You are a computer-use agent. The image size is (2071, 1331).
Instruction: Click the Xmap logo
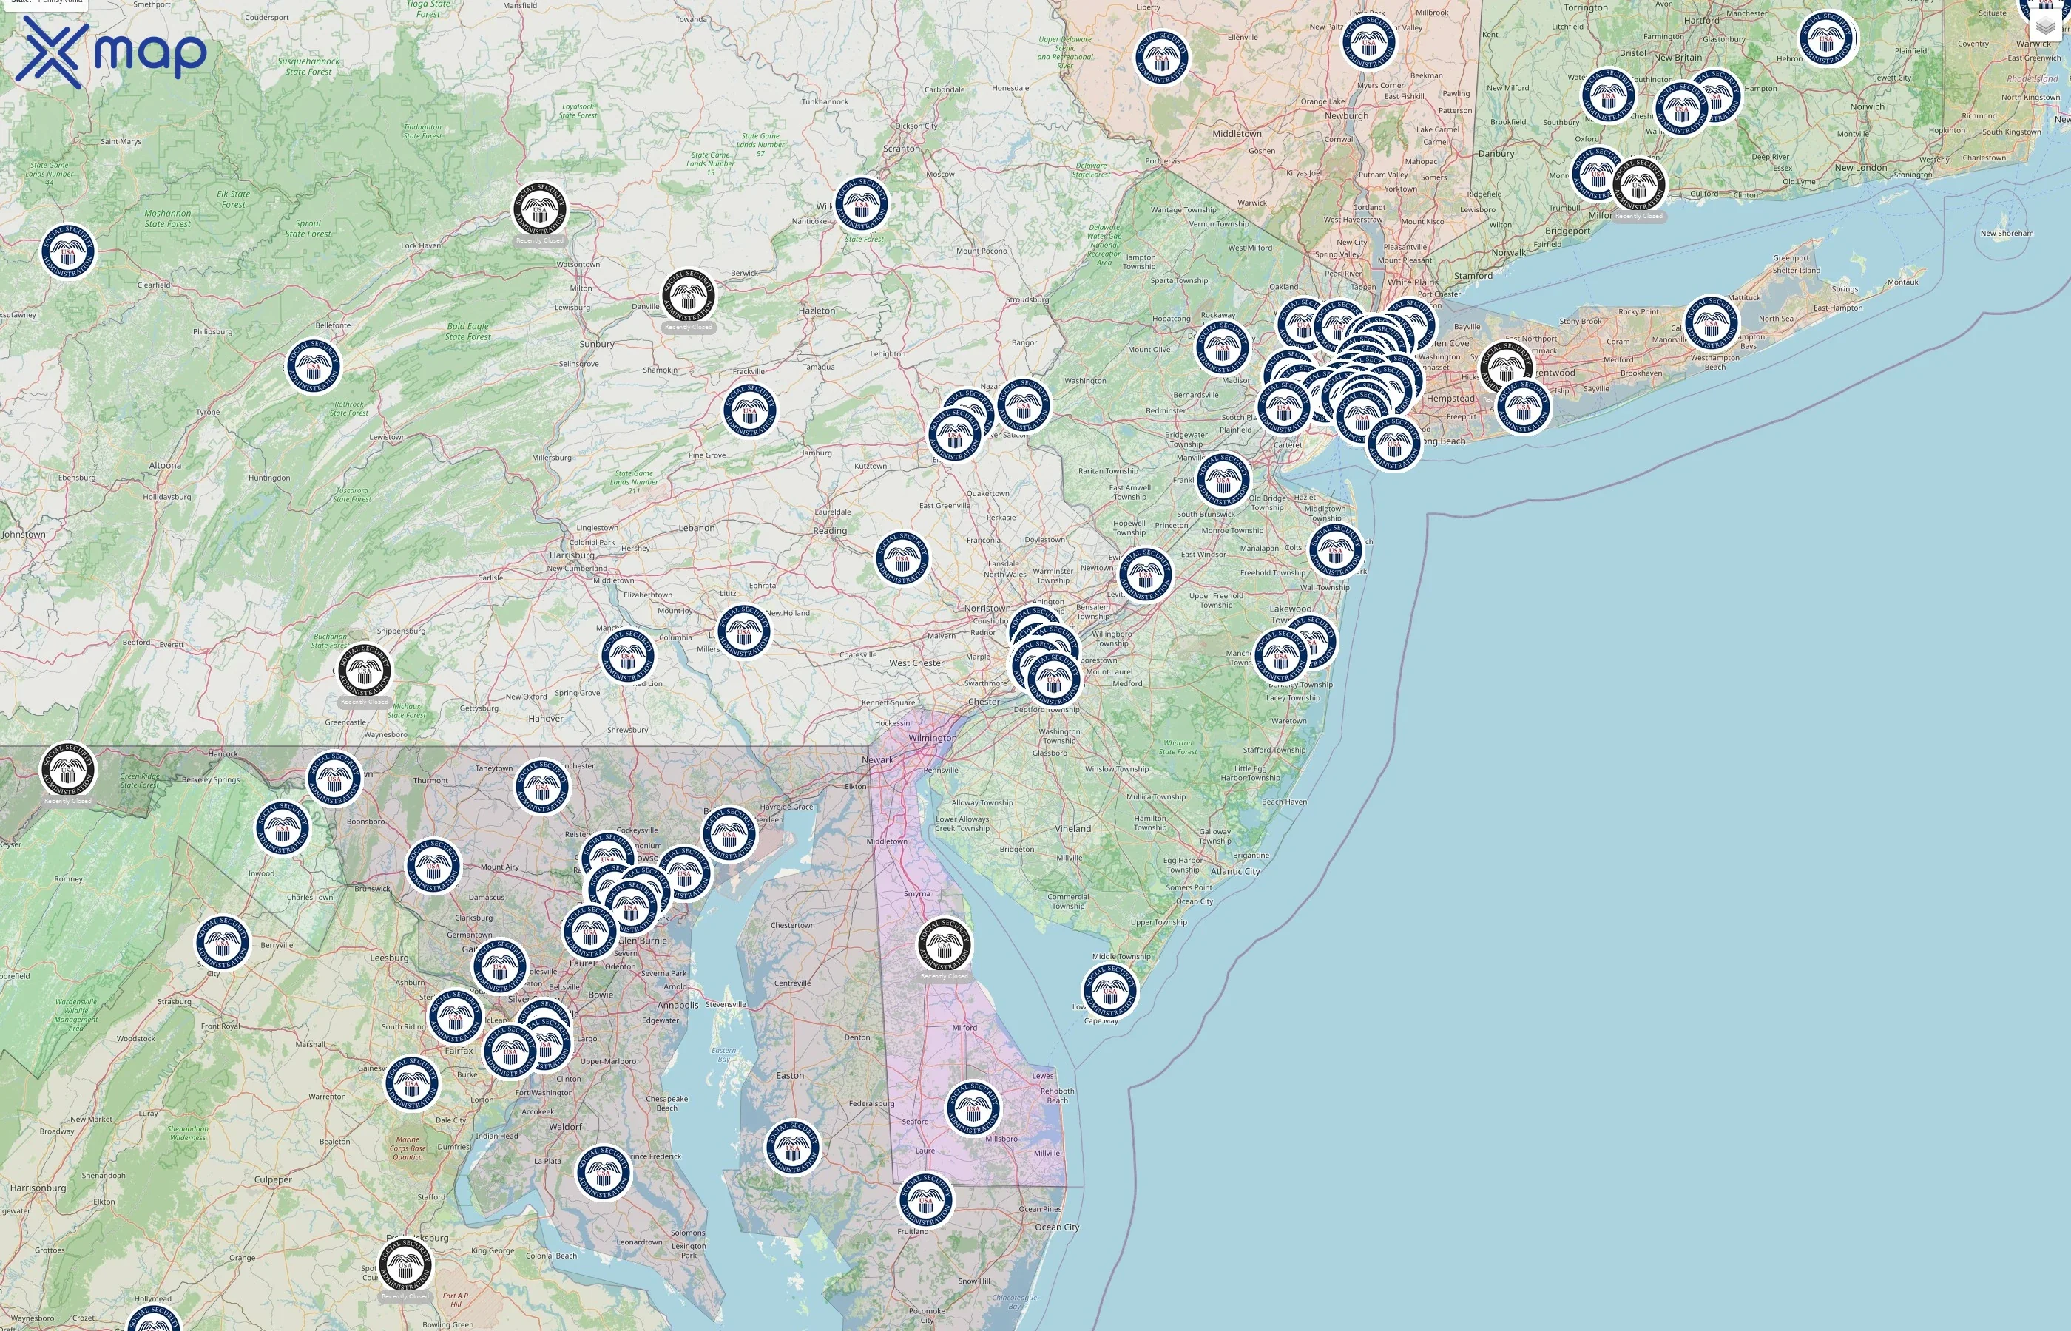point(111,52)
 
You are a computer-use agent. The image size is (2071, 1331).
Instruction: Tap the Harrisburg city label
point(571,555)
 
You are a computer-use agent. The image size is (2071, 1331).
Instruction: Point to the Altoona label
point(165,465)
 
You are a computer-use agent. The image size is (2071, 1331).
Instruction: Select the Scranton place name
point(902,149)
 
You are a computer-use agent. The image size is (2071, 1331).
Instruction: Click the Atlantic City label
point(1234,871)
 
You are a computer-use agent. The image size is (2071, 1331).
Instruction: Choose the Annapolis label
point(678,1005)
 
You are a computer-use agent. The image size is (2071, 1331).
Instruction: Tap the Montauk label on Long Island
point(1902,282)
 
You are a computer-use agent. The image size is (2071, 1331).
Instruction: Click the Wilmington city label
point(932,738)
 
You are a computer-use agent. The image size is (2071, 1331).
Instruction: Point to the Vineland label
point(1072,828)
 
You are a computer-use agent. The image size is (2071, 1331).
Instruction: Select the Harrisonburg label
point(38,1188)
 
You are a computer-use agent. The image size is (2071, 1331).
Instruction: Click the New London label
point(1861,168)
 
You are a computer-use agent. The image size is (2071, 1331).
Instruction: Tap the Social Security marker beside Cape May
point(1110,990)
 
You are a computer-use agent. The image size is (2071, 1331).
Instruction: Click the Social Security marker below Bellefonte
point(313,365)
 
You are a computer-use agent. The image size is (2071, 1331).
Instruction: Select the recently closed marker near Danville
point(688,297)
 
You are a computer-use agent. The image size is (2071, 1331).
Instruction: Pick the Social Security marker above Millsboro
point(973,1108)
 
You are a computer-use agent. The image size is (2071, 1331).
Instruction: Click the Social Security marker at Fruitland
point(926,1199)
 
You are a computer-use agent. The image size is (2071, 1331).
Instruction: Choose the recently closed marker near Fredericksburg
point(405,1264)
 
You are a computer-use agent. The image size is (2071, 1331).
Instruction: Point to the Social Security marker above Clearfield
point(68,251)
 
